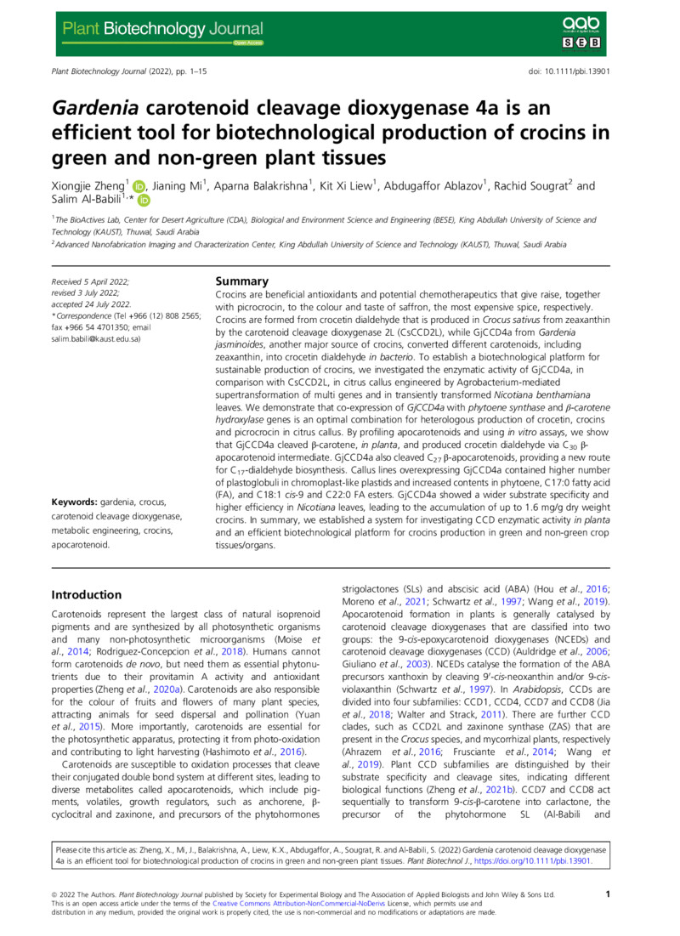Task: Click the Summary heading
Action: pos(242,281)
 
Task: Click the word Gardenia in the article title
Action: pos(96,108)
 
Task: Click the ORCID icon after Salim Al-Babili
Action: pos(144,201)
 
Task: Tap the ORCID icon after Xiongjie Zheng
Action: pos(140,186)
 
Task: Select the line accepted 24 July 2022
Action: pos(90,303)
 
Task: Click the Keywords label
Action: pos(78,503)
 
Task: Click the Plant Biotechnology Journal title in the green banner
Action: pos(161,29)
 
